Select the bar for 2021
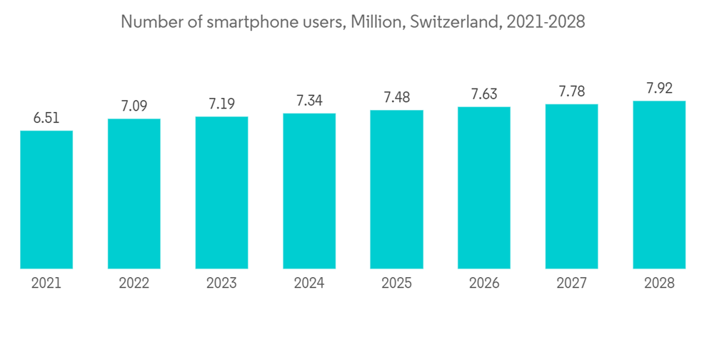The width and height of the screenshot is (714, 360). (46, 200)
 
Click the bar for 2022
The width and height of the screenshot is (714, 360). (134, 194)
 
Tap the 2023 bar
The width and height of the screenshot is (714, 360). (221, 193)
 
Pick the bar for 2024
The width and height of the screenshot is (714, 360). (309, 191)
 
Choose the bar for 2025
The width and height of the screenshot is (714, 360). (396, 189)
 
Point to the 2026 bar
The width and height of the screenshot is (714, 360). (484, 188)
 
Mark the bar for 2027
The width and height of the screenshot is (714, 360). (571, 186)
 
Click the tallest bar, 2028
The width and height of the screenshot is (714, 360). (659, 185)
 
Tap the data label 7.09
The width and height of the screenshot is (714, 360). (134, 106)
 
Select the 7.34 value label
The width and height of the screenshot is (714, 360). (309, 101)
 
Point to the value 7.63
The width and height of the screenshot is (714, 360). (484, 94)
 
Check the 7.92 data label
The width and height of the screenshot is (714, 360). (659, 89)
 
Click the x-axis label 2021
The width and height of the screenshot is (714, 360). (46, 284)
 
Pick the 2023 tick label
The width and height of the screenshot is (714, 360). (221, 284)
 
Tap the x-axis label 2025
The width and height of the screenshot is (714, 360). (396, 284)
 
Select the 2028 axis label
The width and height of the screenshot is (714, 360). (659, 284)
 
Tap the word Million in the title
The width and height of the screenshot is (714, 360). (378, 22)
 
